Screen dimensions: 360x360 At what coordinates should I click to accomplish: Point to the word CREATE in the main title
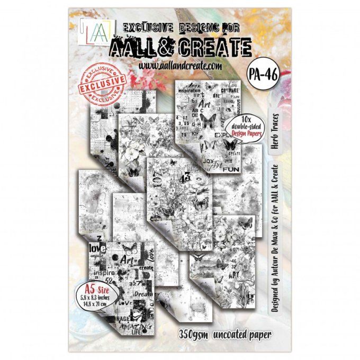pos(205,47)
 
